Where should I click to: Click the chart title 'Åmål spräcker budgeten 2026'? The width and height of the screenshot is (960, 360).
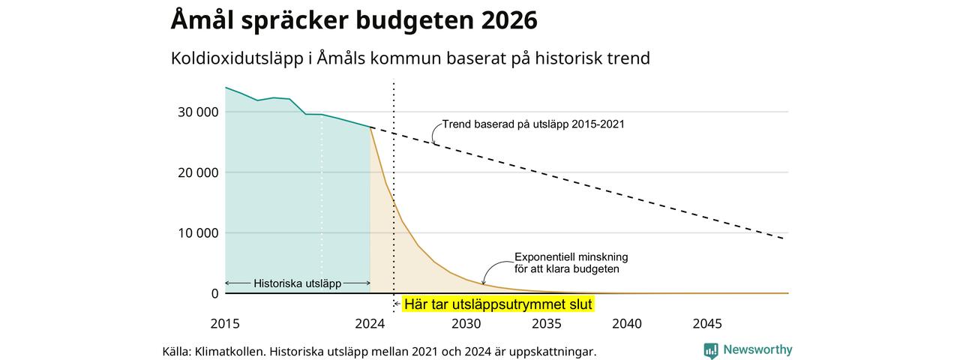tap(354, 19)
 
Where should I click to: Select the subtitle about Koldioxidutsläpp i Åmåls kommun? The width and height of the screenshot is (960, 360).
tap(410, 58)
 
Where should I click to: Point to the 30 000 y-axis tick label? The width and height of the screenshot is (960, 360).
tap(198, 112)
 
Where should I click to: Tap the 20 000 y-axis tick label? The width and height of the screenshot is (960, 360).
tap(198, 172)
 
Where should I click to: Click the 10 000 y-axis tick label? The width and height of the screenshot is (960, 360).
tap(198, 233)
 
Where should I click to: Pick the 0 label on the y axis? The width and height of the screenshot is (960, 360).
tap(214, 293)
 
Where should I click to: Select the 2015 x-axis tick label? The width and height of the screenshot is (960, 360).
tap(225, 323)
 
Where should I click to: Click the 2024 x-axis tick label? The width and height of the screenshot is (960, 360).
tap(370, 323)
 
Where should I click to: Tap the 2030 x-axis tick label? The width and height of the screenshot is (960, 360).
tap(466, 323)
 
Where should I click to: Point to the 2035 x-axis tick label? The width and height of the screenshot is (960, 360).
tap(547, 323)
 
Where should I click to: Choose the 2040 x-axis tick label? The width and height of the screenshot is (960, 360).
tap(627, 323)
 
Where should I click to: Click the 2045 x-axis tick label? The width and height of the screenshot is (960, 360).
tap(707, 323)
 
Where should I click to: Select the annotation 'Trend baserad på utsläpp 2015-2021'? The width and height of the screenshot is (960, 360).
tap(533, 124)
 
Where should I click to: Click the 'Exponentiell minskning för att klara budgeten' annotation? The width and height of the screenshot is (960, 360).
tap(571, 263)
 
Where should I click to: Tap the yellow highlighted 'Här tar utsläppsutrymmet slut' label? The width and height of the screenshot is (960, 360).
tap(498, 304)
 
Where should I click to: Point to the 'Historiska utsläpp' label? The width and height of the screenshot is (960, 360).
tap(298, 283)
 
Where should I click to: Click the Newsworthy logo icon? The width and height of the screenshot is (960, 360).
tap(710, 350)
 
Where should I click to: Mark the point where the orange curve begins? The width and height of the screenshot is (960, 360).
tap(370, 127)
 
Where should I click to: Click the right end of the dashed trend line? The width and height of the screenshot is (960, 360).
tap(784, 238)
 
